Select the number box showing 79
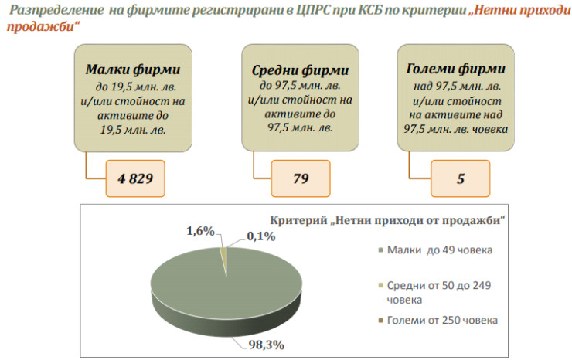point(301,179)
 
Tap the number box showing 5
point(461,179)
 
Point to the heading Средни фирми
point(295,71)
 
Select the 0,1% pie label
point(260,236)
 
